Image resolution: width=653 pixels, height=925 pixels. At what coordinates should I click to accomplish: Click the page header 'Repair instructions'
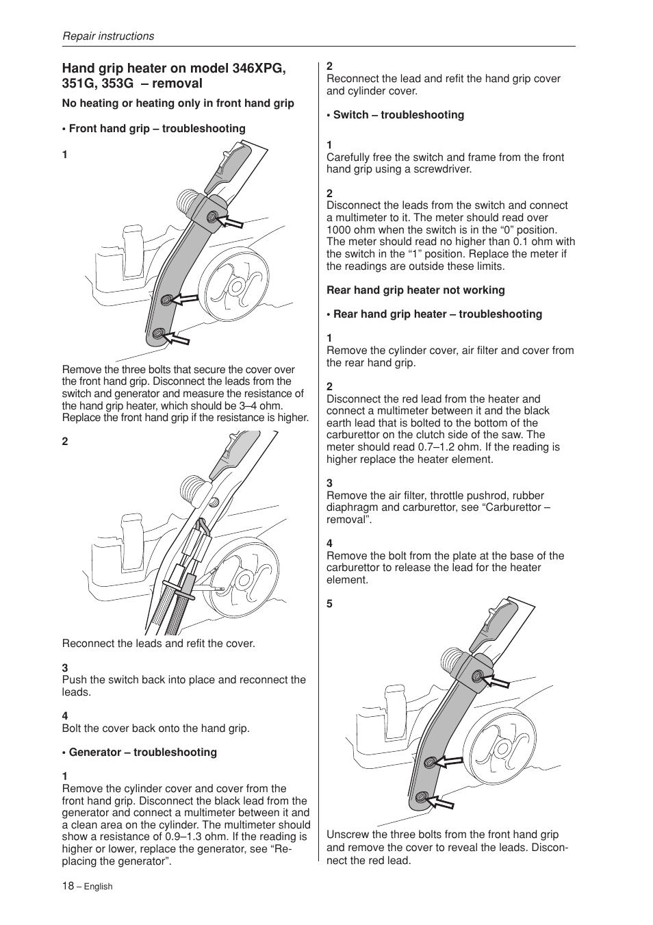point(108,36)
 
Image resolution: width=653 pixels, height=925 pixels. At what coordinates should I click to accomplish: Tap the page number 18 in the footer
point(68,885)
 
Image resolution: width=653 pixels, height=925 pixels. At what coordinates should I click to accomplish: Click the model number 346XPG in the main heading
point(259,68)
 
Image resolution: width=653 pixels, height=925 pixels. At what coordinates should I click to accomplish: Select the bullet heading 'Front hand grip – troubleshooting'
point(157,129)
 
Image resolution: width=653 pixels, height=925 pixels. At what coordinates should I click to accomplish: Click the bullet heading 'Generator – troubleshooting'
point(142,752)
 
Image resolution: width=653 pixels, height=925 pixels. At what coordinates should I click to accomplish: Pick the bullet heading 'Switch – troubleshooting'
point(398,115)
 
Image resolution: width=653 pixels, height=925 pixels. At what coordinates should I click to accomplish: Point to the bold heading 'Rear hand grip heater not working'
point(415,290)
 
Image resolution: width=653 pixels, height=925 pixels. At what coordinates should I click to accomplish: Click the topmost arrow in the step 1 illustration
point(233,220)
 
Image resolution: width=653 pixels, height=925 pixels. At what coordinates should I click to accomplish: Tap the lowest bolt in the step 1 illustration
point(159,333)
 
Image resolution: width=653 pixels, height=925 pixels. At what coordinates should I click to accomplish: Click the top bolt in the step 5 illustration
point(477,677)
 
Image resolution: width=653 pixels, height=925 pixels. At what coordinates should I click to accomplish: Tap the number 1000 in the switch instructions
point(340,230)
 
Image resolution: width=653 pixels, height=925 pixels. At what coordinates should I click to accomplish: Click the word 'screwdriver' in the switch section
point(437,169)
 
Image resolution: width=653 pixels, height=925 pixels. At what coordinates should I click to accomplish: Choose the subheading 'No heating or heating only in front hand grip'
point(178,103)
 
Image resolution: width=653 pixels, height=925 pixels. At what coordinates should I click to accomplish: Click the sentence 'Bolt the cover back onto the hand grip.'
point(156,728)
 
